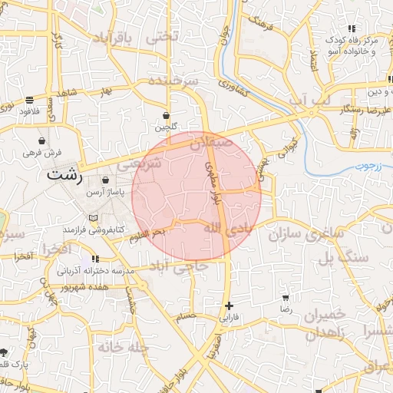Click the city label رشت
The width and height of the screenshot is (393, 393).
tap(64, 174)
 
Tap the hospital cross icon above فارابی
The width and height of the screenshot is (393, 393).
tap(229, 305)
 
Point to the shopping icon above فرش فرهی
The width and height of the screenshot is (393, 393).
tap(41, 141)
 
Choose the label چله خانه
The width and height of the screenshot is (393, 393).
tap(122, 347)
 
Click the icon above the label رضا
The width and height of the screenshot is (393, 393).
tap(286, 297)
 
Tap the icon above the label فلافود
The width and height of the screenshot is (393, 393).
tap(29, 100)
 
